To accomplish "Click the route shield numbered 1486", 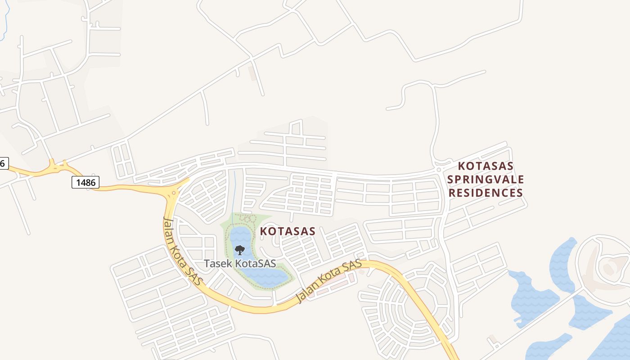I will pos(85,182).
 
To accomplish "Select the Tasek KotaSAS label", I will pos(240,263).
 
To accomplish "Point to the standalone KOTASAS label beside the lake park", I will pos(288,231).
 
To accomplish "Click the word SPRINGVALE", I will pos(486,180).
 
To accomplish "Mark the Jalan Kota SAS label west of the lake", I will pos(183,250).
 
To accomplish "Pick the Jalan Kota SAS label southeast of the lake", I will pos(329,282).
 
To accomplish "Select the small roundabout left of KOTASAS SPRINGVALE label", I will pos(439,169).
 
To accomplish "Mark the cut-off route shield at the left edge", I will pos(3,163).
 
